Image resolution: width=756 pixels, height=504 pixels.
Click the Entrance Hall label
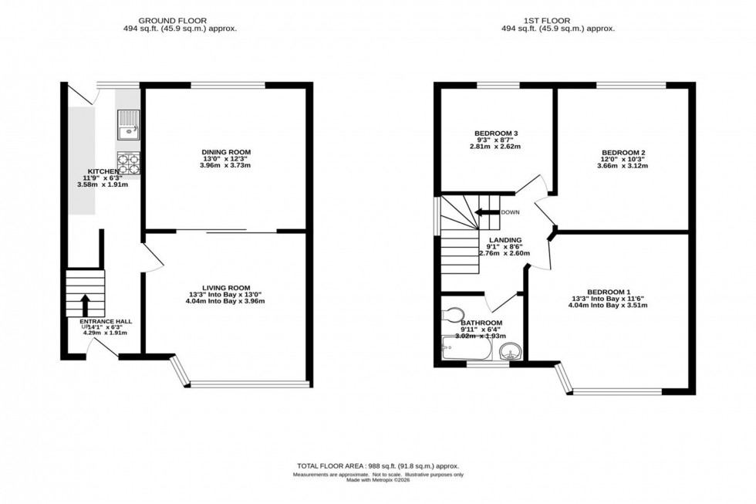[105, 321]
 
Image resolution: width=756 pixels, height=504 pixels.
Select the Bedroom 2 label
[623, 152]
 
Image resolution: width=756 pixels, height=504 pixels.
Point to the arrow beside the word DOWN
[486, 212]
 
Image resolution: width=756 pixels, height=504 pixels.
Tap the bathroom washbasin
[509, 353]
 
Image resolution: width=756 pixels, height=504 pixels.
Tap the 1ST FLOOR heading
[569, 19]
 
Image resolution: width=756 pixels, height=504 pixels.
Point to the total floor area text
[377, 466]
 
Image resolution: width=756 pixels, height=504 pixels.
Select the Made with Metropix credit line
[377, 482]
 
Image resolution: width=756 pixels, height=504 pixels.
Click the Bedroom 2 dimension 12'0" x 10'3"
[623, 159]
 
